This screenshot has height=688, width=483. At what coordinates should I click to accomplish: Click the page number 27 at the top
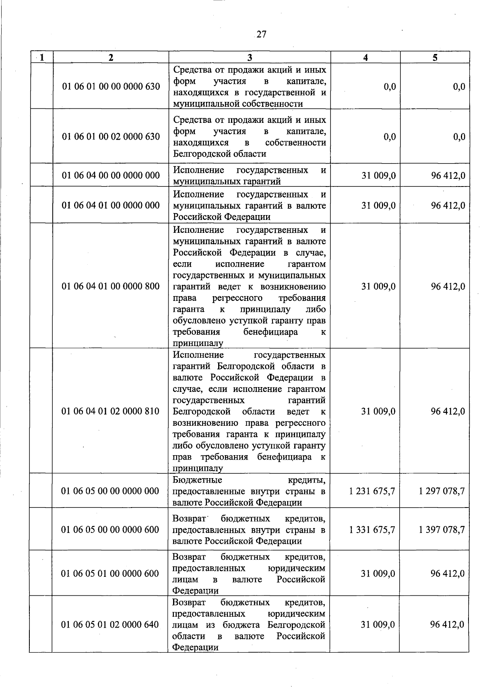coord(261,34)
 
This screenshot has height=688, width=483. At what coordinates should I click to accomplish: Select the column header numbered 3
coord(250,58)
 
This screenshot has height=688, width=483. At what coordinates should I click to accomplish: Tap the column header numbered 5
coord(435,58)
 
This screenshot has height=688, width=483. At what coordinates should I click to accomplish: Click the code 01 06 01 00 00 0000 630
coord(111,87)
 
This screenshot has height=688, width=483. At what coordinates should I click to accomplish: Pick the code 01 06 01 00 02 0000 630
coord(111,137)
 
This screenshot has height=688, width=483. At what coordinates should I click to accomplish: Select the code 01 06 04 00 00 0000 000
coord(111,175)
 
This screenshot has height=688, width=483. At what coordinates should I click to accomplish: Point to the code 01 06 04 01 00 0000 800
coord(111,286)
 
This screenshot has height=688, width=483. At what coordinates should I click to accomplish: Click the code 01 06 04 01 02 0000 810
coord(110,411)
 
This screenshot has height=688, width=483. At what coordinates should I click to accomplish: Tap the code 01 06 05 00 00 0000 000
coord(110,491)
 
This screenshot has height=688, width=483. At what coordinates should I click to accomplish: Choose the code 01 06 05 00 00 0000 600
coord(110,530)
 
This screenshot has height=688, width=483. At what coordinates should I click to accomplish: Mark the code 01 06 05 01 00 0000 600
coord(110,573)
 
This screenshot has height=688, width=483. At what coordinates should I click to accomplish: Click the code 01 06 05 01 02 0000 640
coord(110,624)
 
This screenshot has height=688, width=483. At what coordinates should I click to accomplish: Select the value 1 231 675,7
coord(372,491)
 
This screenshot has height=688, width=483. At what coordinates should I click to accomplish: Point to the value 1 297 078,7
coord(442,491)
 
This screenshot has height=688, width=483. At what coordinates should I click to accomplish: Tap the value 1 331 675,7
coord(372,530)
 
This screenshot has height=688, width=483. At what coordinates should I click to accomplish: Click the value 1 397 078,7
coord(442,530)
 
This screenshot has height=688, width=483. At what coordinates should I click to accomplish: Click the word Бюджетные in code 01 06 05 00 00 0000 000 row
coord(197,480)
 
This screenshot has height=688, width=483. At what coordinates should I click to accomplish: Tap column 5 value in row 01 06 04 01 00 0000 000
coord(448,205)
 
